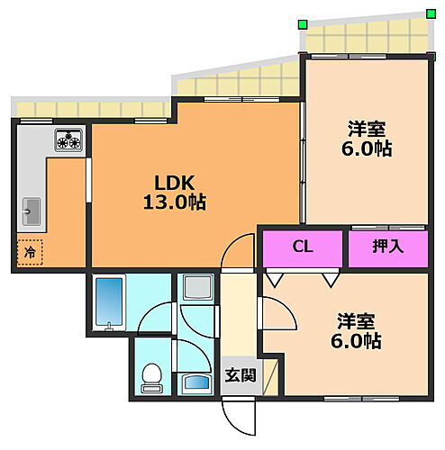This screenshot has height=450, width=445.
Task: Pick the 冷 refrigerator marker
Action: tap(29, 253)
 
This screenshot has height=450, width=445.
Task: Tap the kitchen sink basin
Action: tap(30, 211)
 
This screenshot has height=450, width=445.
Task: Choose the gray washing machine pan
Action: tap(196, 288)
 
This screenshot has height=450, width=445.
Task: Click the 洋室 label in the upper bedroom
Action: tap(367, 127)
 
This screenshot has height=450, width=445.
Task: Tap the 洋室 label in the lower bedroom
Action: tap(357, 320)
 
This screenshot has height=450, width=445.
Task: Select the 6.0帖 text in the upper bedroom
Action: tap(367, 148)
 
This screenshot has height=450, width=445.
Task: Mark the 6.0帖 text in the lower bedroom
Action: tap(357, 342)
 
